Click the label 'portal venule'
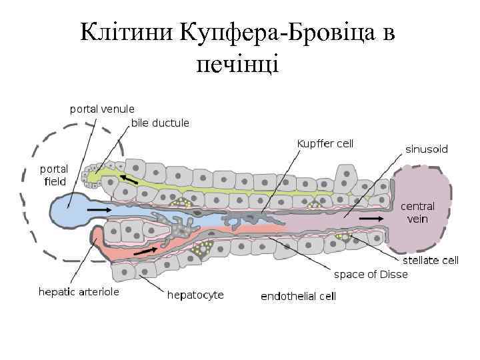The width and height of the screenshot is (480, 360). coord(102,109)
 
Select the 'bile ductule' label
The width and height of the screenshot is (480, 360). coord(160,123)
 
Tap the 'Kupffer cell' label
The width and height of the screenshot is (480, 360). coord(325,143)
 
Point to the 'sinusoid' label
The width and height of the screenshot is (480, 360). coord(427,149)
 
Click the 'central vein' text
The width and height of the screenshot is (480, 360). coord(417,213)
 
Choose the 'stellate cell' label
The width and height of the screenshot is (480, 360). coord(430,261)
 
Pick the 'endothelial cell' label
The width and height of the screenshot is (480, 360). coord(298,296)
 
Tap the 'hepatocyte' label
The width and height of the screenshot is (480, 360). coord(195,294)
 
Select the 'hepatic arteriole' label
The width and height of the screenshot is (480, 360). coord(79,292)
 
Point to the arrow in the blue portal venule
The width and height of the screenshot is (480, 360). coord(99,209)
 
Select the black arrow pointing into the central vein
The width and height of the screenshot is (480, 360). coord(371,218)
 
